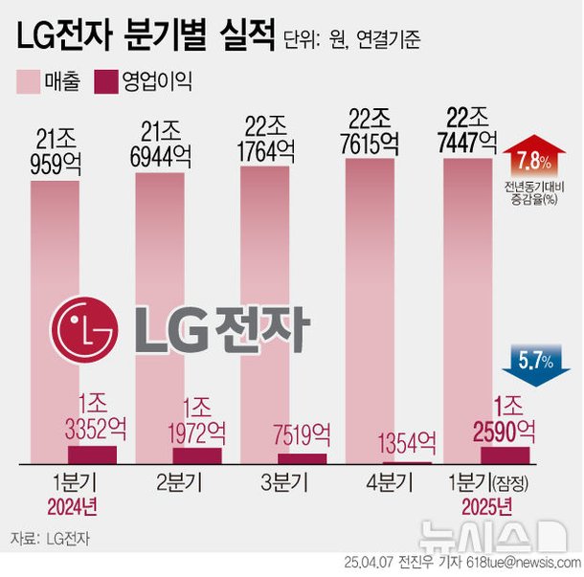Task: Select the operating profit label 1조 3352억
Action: tap(91, 416)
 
